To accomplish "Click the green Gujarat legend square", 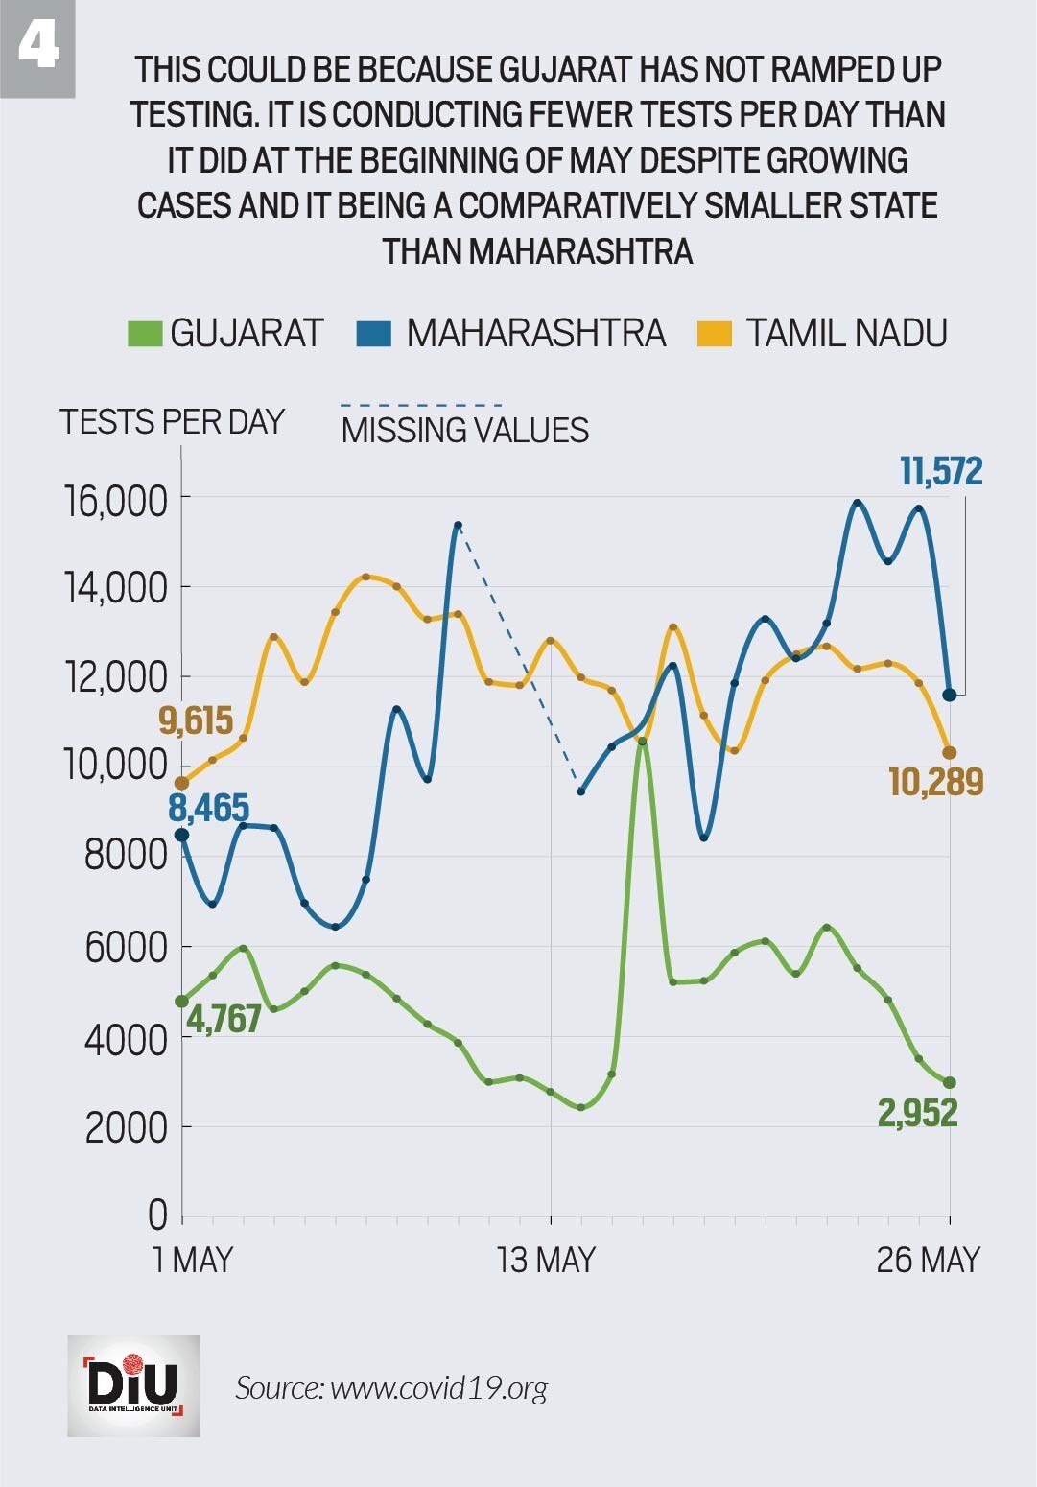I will click(144, 334).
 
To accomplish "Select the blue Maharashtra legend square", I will click(373, 334).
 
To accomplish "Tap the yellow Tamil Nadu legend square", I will click(715, 334).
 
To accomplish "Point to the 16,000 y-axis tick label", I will click(115, 501).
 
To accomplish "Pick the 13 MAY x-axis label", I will click(547, 1260).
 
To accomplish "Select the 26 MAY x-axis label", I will click(928, 1260).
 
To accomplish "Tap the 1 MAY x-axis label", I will click(193, 1260).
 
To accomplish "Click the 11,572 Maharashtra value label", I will click(941, 472).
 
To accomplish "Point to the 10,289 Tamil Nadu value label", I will click(935, 783).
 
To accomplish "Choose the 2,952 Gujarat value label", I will click(917, 1114).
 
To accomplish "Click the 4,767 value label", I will click(224, 1020).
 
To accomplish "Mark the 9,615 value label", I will click(196, 720).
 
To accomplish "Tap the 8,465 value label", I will click(208, 809).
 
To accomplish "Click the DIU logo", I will click(133, 1385).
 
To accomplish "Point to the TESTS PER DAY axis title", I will click(172, 422).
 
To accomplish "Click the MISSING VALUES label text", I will click(464, 431).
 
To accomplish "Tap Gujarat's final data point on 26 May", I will click(950, 1083).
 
